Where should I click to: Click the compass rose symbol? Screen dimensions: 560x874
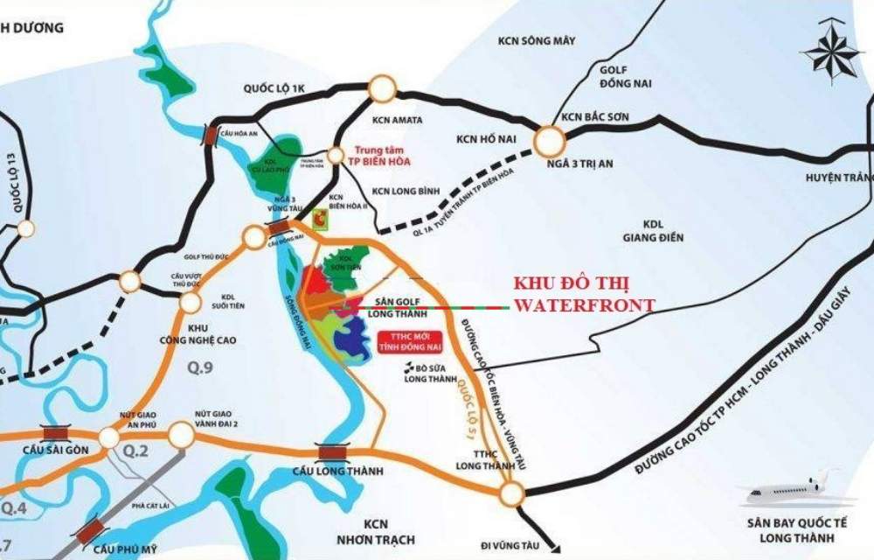point(832,52)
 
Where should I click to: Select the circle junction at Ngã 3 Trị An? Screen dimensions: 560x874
point(550,140)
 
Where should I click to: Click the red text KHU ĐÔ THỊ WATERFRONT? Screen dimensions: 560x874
point(584,296)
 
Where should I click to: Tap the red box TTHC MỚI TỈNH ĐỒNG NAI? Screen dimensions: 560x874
point(411,340)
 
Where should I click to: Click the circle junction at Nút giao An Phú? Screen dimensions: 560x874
point(109,436)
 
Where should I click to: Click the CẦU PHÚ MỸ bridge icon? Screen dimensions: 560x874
point(90,532)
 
